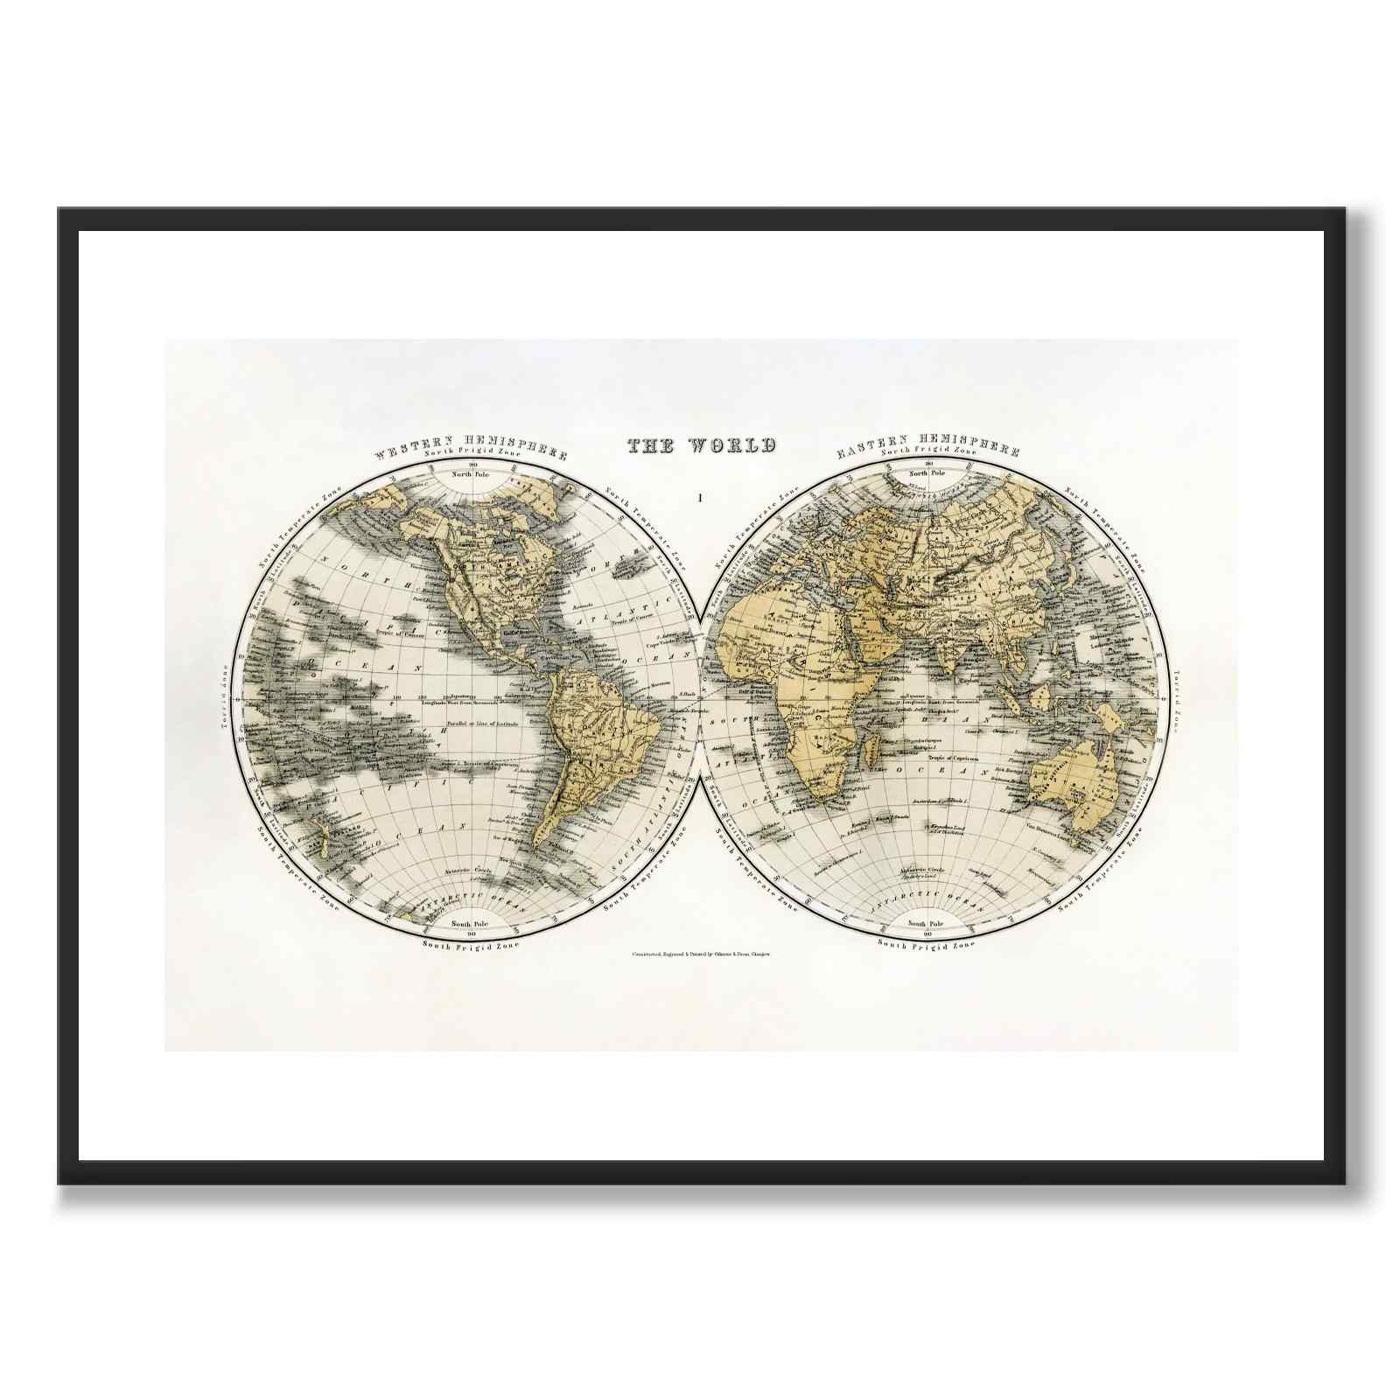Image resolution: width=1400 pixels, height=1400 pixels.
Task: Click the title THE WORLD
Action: tap(701, 445)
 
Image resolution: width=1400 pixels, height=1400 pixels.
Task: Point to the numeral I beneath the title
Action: tap(699, 499)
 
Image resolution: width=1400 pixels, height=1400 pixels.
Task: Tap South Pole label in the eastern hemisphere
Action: tap(927, 923)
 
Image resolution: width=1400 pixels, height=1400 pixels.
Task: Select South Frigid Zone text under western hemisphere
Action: tap(470, 945)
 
